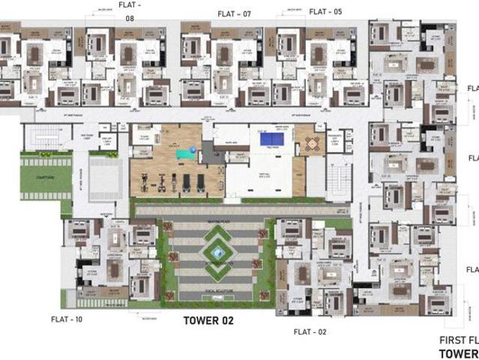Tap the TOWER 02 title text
pos(209,320)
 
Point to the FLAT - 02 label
pos(310,331)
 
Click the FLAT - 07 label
pos(234,13)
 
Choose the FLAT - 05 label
pos(325,11)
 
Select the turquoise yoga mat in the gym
pos(182,154)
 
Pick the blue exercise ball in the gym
pos(193,149)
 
